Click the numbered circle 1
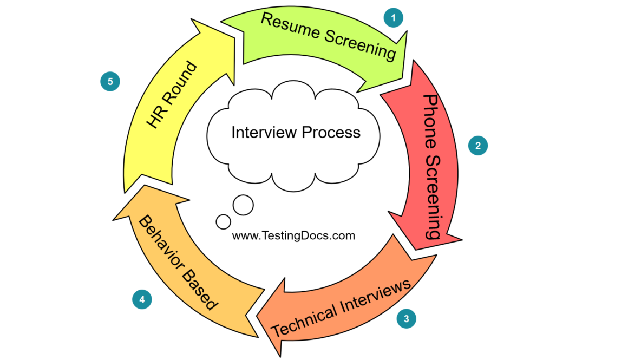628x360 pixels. click(394, 17)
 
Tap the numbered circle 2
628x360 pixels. click(478, 145)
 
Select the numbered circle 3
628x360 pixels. click(407, 318)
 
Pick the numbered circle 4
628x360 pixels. click(142, 299)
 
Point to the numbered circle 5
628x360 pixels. click(110, 81)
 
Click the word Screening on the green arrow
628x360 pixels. click(361, 44)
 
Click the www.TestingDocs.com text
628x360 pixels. click(293, 235)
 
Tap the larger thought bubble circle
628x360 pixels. click(243, 205)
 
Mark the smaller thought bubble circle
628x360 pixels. click(223, 221)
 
